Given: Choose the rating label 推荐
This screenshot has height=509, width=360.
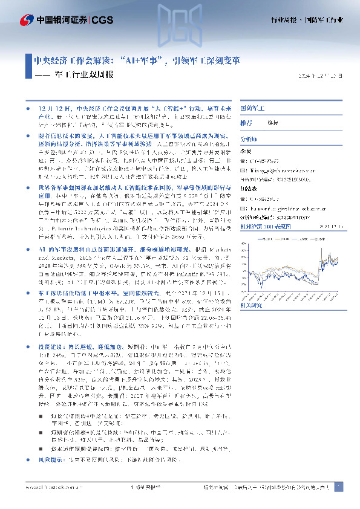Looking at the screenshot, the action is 246,122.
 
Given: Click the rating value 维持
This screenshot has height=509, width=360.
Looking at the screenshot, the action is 273,122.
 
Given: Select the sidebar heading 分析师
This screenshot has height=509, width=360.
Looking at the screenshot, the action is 249,138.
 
